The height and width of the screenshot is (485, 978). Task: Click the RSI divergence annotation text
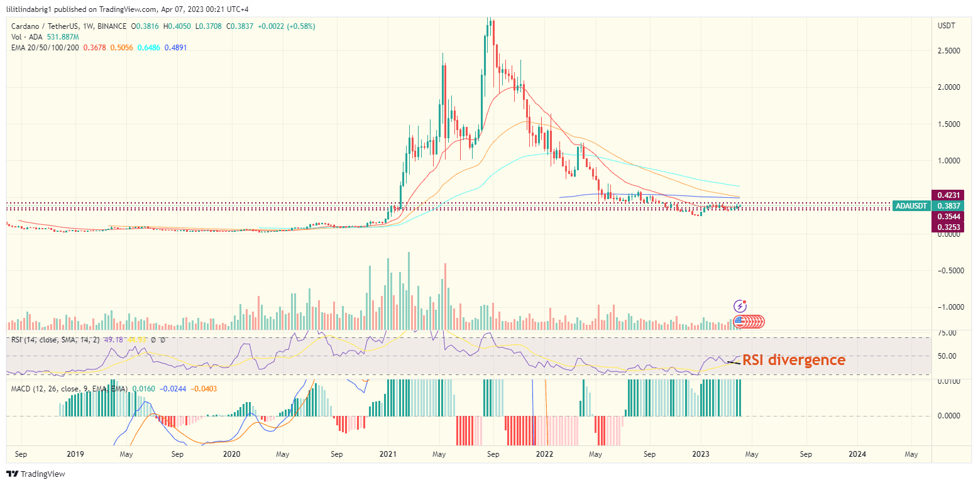pyautogui.click(x=794, y=360)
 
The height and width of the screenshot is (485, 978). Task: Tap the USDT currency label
pyautogui.click(x=946, y=26)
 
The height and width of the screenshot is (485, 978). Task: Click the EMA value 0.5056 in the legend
pyautogui.click(x=121, y=48)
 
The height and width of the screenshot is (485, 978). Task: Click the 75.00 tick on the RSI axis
pyautogui.click(x=948, y=333)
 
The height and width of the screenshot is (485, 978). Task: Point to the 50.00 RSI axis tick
pyautogui.click(x=948, y=356)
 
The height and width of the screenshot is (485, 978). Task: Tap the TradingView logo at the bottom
pyautogui.click(x=36, y=474)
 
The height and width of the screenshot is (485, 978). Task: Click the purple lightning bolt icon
pyautogui.click(x=740, y=306)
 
